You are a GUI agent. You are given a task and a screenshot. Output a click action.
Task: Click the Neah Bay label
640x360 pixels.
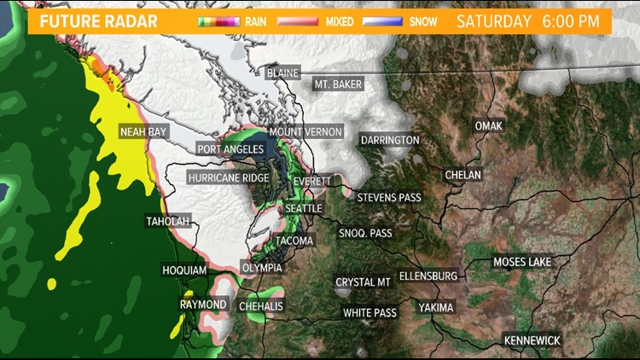pos(143,132)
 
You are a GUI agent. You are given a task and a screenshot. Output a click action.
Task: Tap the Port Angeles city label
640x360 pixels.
pos(230,149)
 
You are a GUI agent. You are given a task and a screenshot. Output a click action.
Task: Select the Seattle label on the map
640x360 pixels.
pos(304,208)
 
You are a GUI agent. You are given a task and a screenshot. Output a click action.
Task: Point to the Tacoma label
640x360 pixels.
pos(294,241)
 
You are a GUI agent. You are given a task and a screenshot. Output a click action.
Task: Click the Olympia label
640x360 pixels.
pos(261,267)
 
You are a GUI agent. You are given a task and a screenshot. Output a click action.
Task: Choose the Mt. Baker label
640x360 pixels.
pos(338,84)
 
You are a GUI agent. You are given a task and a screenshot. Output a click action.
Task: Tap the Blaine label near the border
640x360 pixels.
pos(282,73)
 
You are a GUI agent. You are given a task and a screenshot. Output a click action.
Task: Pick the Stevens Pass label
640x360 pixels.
pos(389,197)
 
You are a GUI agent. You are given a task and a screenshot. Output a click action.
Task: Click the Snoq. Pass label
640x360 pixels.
pos(365,233)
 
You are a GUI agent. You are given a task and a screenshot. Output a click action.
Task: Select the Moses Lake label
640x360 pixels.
pos(522,262)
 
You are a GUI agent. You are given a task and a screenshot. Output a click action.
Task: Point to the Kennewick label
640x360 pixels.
pos(532,340)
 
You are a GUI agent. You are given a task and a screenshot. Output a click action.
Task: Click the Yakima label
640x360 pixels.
pos(436,307)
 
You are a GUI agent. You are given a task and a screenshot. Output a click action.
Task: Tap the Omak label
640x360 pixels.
pos(489,126)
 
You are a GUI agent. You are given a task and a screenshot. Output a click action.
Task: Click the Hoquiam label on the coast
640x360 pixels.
pos(184,270)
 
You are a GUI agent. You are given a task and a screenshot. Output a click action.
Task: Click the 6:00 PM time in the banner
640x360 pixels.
pos(576,20)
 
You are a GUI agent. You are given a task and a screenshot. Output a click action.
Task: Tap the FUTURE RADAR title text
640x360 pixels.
pos(99,20)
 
